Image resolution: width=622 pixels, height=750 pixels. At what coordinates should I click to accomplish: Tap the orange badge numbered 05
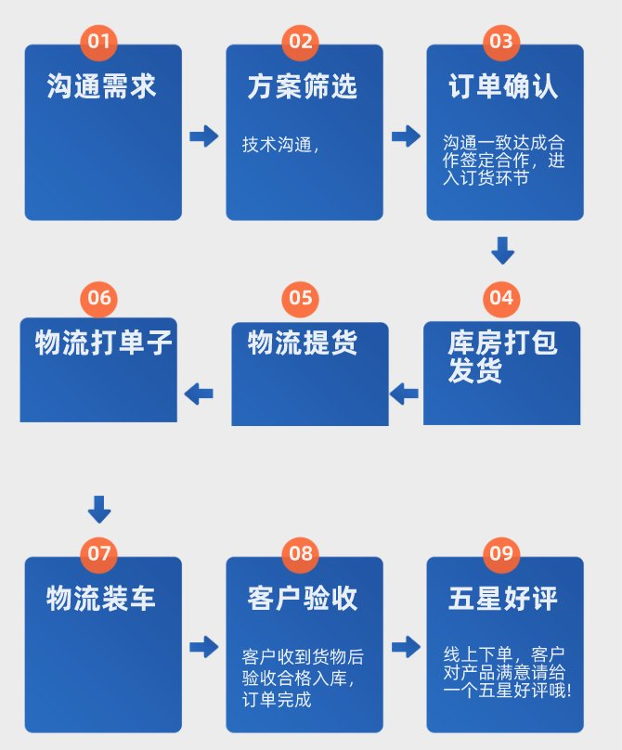[300, 298]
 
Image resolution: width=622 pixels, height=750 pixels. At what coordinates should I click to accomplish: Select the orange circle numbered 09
[500, 553]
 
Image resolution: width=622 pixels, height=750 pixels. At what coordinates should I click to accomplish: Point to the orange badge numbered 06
[99, 298]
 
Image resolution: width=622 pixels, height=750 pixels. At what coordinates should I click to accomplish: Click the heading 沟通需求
[102, 87]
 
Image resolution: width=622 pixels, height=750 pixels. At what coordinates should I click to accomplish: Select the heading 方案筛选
[303, 87]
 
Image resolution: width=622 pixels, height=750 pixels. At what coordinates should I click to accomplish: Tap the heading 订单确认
[503, 87]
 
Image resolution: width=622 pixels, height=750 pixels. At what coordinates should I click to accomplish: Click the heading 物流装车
[102, 599]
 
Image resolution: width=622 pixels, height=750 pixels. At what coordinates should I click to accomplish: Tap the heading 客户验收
[303, 599]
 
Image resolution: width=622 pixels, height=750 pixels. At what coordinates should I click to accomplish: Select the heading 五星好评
[503, 599]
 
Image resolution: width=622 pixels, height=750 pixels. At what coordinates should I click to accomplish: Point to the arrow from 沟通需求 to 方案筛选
[203, 136]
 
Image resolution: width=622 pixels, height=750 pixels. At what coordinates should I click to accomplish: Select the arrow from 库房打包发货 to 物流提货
[404, 394]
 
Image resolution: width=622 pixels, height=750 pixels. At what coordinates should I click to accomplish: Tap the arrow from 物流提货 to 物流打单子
[199, 394]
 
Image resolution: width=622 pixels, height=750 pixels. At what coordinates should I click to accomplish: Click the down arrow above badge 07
[99, 509]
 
